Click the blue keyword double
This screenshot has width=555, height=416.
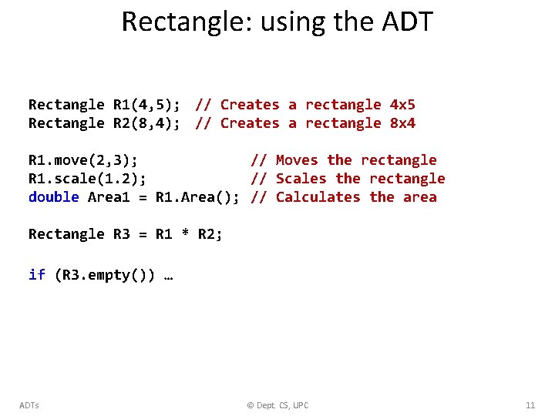click(x=54, y=197)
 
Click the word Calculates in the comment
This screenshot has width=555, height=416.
click(x=318, y=197)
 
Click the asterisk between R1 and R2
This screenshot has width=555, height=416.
click(x=184, y=234)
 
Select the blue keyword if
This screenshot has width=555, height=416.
click(x=37, y=275)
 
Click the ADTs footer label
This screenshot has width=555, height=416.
click(x=29, y=405)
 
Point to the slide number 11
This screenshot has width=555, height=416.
click(x=530, y=405)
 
